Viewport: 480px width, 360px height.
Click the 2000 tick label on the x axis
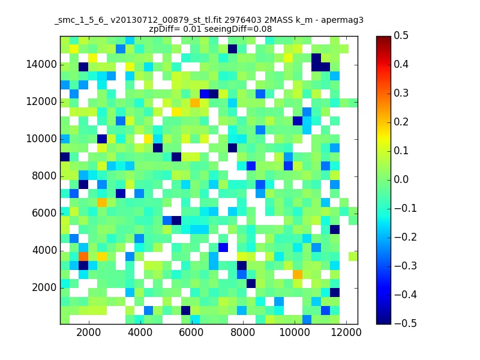coord(88,332)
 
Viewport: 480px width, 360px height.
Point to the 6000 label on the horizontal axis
coord(191,332)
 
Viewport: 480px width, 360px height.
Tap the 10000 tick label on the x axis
coord(295,332)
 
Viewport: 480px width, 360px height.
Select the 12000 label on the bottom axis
coord(346,332)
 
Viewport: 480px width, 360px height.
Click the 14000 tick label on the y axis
coord(41,65)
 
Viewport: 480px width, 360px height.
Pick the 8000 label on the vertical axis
coord(44,176)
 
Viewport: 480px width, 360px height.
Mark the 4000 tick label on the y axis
coord(44,250)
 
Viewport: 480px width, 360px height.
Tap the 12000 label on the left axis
coord(41,101)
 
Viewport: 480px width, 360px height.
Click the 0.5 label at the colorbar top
coord(401,35)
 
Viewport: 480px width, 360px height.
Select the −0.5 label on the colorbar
coord(406,323)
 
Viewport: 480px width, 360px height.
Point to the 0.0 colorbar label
coord(401,179)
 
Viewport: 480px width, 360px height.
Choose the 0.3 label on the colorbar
coord(401,93)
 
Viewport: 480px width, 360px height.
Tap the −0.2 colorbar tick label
coord(406,237)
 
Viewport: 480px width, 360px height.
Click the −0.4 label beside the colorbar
coord(406,295)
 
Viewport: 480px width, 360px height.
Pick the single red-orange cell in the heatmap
coord(83,256)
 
